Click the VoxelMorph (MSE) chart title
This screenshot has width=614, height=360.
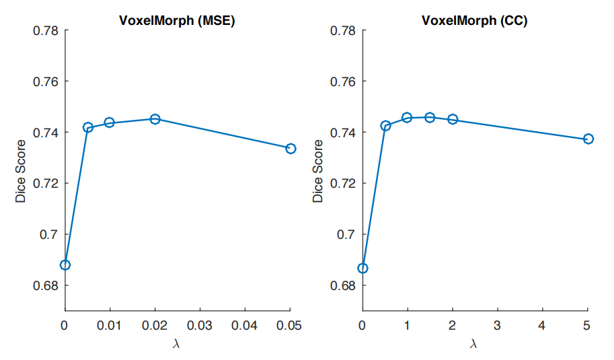177,20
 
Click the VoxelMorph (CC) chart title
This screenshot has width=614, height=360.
474,20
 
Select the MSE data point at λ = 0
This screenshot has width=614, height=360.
65,264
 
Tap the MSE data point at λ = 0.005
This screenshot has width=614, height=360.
87,127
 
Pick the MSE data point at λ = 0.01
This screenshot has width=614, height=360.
110,122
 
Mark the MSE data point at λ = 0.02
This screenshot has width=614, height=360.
155,119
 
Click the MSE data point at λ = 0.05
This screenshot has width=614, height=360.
291,148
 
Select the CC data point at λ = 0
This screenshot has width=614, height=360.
363,268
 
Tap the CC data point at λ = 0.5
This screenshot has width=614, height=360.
385,126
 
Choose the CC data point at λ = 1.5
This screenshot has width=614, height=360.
430,118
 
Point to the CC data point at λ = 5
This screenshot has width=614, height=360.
588,139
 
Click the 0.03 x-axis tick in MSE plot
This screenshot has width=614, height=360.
200,326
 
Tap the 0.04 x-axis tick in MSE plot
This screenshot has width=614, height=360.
245,326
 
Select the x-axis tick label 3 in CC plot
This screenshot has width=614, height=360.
497,326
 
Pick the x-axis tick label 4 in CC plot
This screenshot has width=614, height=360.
542,326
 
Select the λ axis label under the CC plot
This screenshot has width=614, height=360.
473,344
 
